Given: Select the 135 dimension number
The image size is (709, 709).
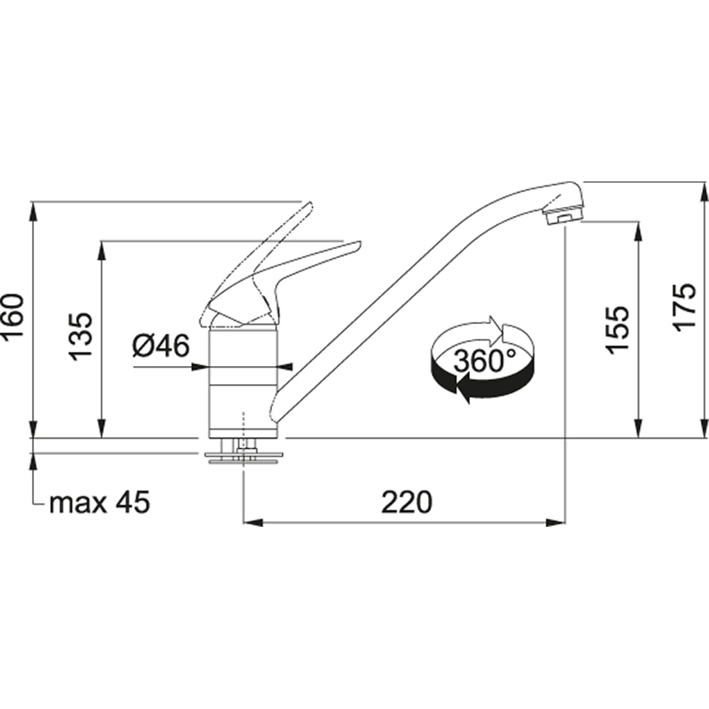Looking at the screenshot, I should (81, 336).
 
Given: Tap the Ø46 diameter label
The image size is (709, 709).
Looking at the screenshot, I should (161, 345).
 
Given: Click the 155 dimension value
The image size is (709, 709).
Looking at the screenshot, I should (618, 330).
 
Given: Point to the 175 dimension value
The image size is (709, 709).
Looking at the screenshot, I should (685, 308).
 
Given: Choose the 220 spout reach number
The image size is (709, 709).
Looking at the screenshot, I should (406, 501).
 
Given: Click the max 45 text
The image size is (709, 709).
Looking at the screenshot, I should (100, 502).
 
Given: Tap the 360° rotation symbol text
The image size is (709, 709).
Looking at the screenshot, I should (484, 360).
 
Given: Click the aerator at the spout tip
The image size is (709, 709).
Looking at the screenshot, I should (563, 217).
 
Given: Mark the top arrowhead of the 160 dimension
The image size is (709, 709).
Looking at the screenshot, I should (32, 210).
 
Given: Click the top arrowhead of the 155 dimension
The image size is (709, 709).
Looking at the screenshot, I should (638, 230).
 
